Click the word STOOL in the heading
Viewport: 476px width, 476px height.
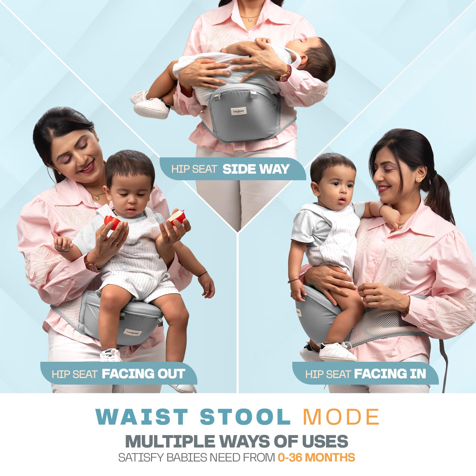coord(245,417)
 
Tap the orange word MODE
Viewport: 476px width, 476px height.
coord(341,417)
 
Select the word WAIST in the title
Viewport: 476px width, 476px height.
coord(142,417)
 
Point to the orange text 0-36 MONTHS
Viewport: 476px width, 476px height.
coord(316,458)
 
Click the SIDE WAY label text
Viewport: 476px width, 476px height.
coord(256,169)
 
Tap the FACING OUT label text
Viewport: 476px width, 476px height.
coord(143,374)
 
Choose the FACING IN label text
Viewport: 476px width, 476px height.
coord(390,374)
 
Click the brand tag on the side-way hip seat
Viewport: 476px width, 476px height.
coord(238,111)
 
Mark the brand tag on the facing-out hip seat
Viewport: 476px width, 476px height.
coord(132,332)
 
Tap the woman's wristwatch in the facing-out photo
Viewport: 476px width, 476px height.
coord(92,264)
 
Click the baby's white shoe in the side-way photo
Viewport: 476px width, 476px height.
coord(151,107)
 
